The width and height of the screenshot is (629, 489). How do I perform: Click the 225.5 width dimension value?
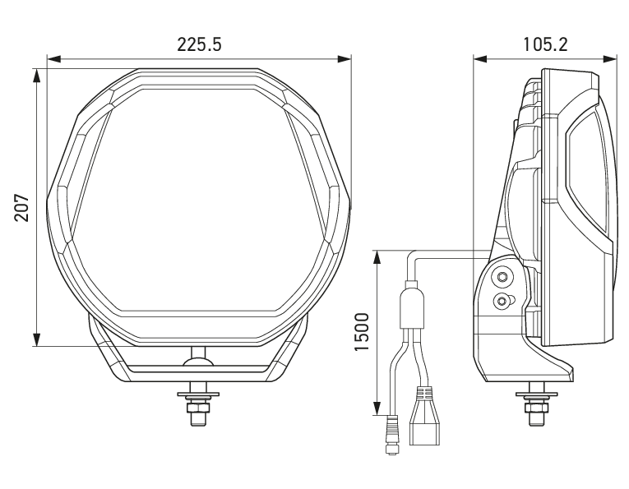(x=199, y=44)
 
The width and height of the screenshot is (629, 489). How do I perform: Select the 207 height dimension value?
(x=22, y=208)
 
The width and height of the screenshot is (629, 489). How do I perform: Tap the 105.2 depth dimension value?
(x=545, y=44)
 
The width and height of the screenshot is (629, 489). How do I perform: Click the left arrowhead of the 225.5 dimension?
(x=53, y=60)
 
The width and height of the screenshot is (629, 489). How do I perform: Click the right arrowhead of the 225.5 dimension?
(x=345, y=60)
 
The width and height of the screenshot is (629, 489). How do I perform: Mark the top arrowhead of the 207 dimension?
(x=36, y=76)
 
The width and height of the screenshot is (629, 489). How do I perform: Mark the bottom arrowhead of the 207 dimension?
(x=36, y=339)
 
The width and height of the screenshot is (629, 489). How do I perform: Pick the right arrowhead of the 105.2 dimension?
(x=610, y=59)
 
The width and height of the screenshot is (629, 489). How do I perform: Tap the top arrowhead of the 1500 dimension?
(x=377, y=257)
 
